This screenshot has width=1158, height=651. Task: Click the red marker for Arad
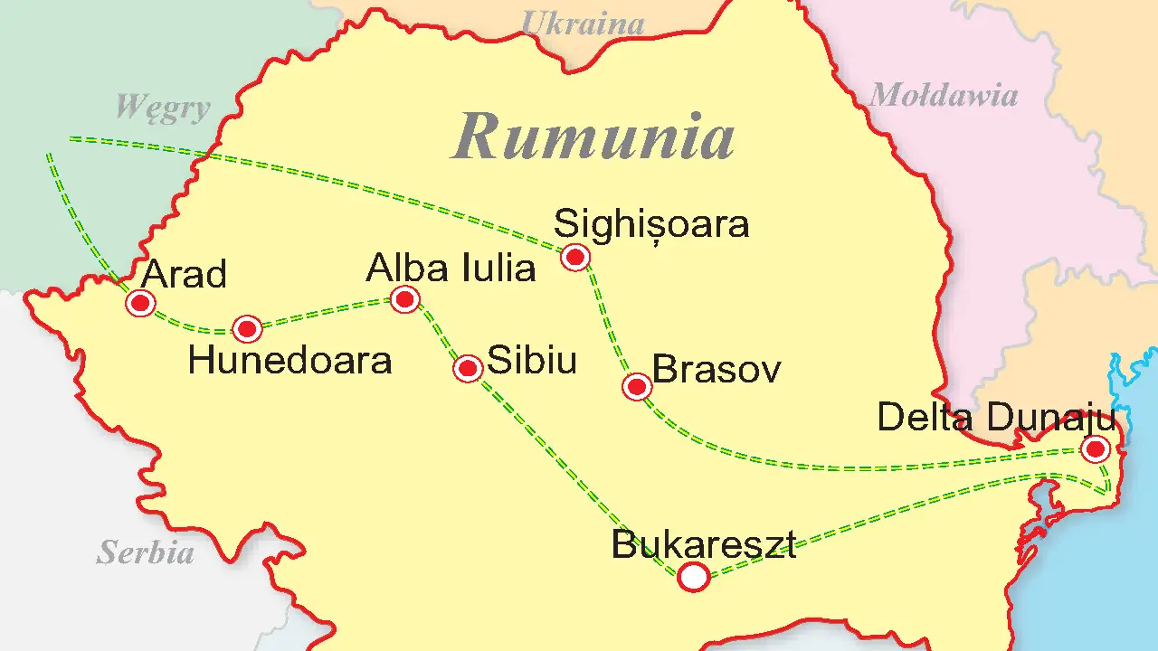(x=140, y=303)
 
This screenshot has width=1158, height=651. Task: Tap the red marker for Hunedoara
(x=247, y=328)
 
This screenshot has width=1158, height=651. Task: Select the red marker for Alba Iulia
(x=404, y=298)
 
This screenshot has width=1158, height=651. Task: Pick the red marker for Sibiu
(x=468, y=368)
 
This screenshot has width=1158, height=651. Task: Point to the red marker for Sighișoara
(x=575, y=258)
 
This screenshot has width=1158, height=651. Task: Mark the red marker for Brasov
(x=637, y=387)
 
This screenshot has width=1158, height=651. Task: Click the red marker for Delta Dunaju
(x=1096, y=448)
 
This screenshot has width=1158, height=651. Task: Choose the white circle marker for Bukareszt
(x=694, y=576)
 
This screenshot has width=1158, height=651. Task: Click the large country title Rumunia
(x=593, y=137)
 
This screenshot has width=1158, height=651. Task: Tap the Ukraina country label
(x=584, y=23)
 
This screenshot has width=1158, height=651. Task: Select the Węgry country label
(x=163, y=108)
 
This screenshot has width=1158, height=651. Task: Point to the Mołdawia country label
(x=943, y=95)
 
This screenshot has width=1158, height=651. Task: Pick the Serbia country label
(x=146, y=552)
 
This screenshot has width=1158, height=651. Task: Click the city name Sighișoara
(x=651, y=223)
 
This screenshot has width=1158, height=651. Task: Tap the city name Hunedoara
(x=289, y=361)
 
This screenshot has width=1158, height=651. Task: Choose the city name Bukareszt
(x=704, y=545)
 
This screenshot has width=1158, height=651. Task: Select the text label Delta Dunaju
(x=996, y=418)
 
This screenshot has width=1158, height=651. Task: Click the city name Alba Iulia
(x=451, y=269)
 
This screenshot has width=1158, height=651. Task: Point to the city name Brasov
(x=717, y=370)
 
